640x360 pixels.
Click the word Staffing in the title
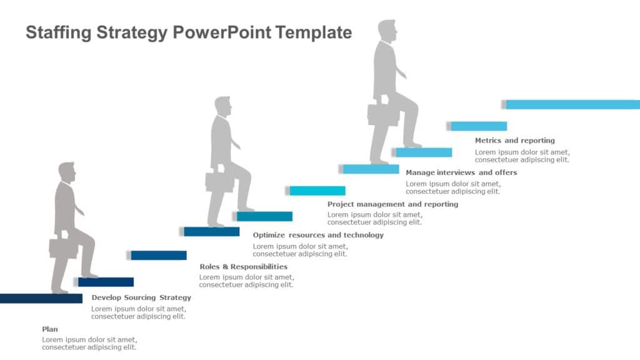[59, 32]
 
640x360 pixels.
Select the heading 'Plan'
[50, 329]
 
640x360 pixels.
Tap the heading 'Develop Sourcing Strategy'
[141, 297]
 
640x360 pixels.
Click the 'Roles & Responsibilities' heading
[243, 266]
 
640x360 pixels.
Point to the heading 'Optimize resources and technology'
[318, 235]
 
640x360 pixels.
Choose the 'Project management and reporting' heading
[392, 204]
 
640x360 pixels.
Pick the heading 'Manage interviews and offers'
[461, 172]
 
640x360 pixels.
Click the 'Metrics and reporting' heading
[514, 141]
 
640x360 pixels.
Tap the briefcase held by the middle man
[219, 181]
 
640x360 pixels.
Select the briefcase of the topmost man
[382, 114]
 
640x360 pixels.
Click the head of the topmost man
[387, 31]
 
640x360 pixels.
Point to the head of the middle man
[222, 106]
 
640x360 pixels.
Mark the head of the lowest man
[66, 172]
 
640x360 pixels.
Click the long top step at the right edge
[572, 104]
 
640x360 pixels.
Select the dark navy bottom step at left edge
[41, 298]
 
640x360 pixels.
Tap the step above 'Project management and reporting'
[317, 191]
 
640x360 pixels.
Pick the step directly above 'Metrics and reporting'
[478, 126]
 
